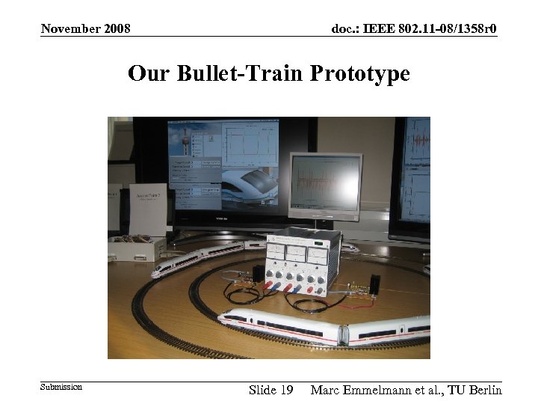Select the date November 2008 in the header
(x=86, y=29)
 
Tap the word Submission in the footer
(x=61, y=387)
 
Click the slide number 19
(x=285, y=390)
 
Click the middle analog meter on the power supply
(x=296, y=252)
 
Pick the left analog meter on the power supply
(x=277, y=249)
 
